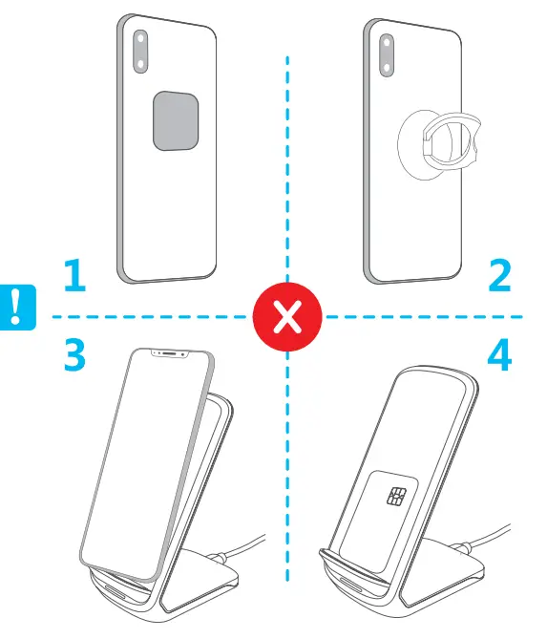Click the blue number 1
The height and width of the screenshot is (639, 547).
point(73,277)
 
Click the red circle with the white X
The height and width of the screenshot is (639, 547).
point(286,316)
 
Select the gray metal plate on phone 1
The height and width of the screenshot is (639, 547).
point(176,120)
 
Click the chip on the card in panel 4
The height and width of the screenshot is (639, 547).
point(393,497)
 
